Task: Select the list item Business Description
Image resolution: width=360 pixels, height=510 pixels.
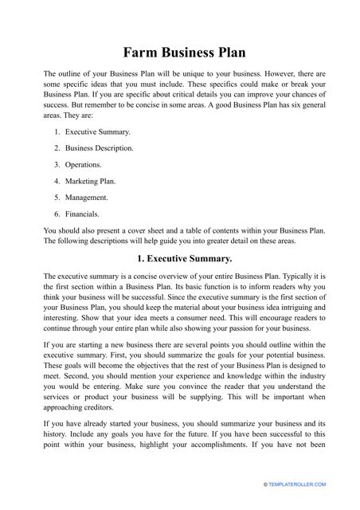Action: (x=99, y=148)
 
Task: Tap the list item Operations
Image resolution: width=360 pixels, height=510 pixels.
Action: (x=83, y=164)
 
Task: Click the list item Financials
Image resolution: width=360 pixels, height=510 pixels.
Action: (x=82, y=214)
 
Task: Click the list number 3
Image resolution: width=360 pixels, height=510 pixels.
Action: (x=57, y=164)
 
